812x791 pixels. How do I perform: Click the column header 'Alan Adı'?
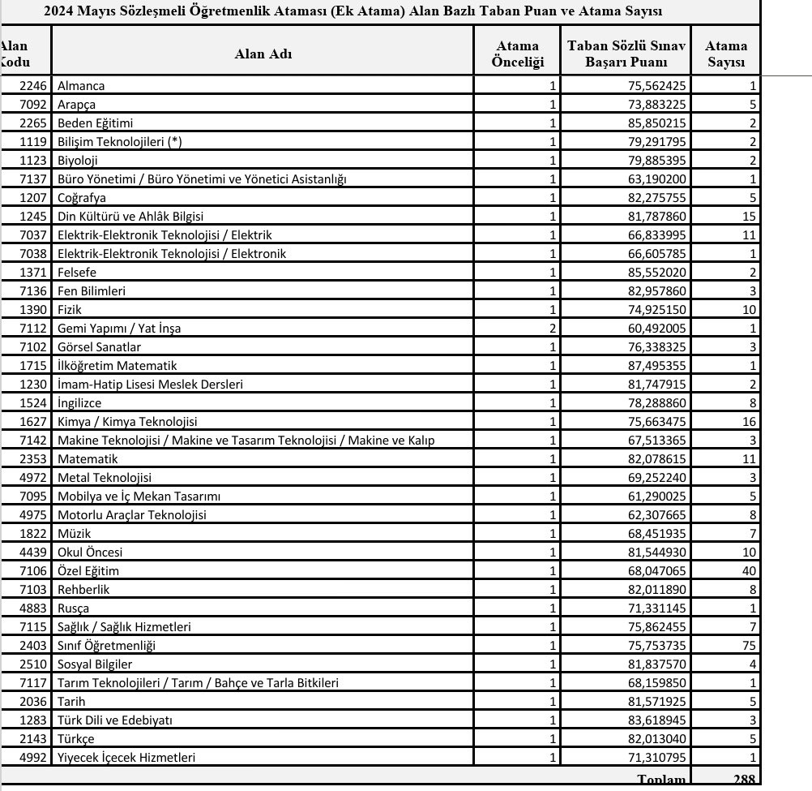[263, 54]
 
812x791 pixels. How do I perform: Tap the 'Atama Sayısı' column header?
[726, 54]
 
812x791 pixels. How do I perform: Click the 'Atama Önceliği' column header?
[517, 54]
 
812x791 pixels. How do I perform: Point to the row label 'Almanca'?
[81, 86]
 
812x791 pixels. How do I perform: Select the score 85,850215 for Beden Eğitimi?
[657, 123]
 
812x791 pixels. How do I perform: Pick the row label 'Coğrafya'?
[82, 198]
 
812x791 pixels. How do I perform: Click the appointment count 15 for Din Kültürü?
[748, 217]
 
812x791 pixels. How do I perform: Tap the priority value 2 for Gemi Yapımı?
[552, 329]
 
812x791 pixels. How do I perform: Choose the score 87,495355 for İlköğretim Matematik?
[657, 366]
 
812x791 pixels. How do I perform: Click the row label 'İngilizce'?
[79, 403]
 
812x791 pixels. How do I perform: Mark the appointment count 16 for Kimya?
[748, 422]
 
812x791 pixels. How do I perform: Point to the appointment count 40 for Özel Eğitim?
[748, 571]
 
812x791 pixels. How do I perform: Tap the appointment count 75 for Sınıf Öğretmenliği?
[748, 646]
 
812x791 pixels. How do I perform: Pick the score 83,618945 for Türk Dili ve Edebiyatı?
[657, 720]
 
